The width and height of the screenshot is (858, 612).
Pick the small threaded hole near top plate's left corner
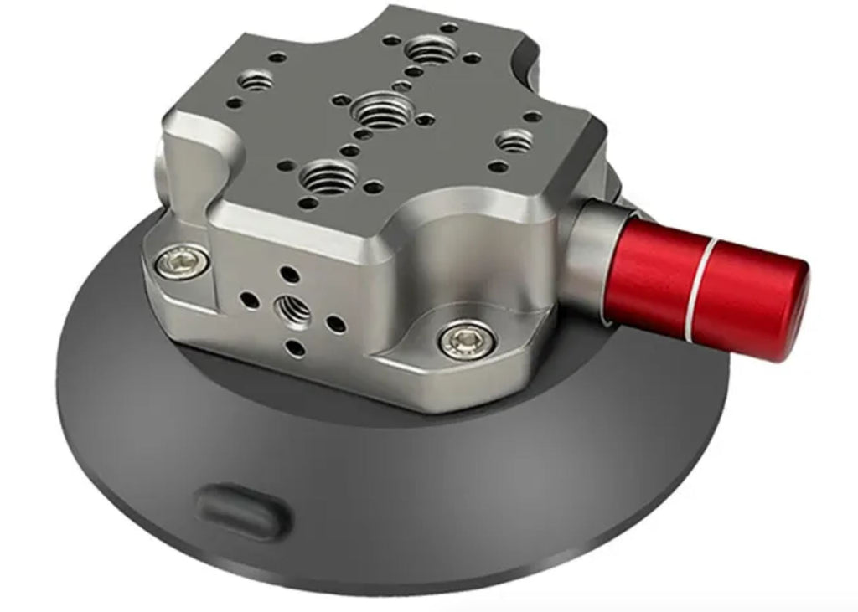tap(256, 81)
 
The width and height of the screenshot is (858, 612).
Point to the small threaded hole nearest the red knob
tap(516, 139)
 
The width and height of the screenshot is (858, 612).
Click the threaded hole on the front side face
tap(293, 311)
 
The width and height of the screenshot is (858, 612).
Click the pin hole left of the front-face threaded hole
tap(249, 298)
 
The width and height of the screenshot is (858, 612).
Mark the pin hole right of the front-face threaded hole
tap(335, 321)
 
